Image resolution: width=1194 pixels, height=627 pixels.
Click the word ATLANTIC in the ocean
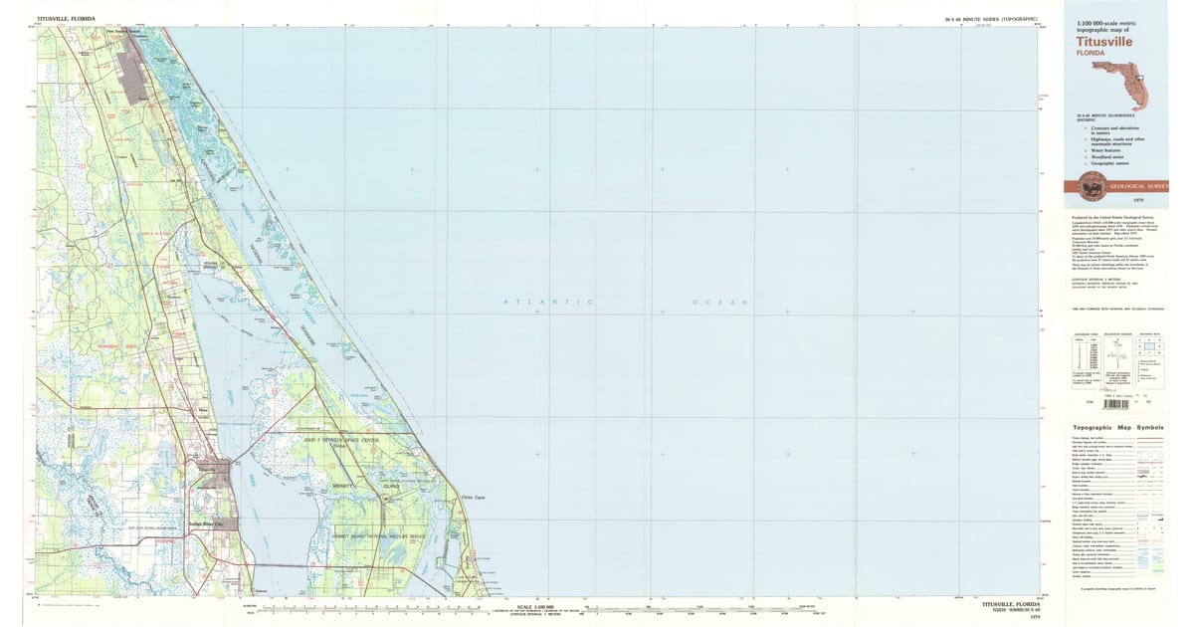coord(548,302)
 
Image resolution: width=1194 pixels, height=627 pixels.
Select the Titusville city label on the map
coord(206,466)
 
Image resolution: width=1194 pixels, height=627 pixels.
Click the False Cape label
coord(473,498)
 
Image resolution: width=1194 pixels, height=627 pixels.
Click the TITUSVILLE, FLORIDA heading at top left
coord(63,18)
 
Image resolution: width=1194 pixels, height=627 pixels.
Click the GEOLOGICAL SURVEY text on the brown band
coord(1138,186)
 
